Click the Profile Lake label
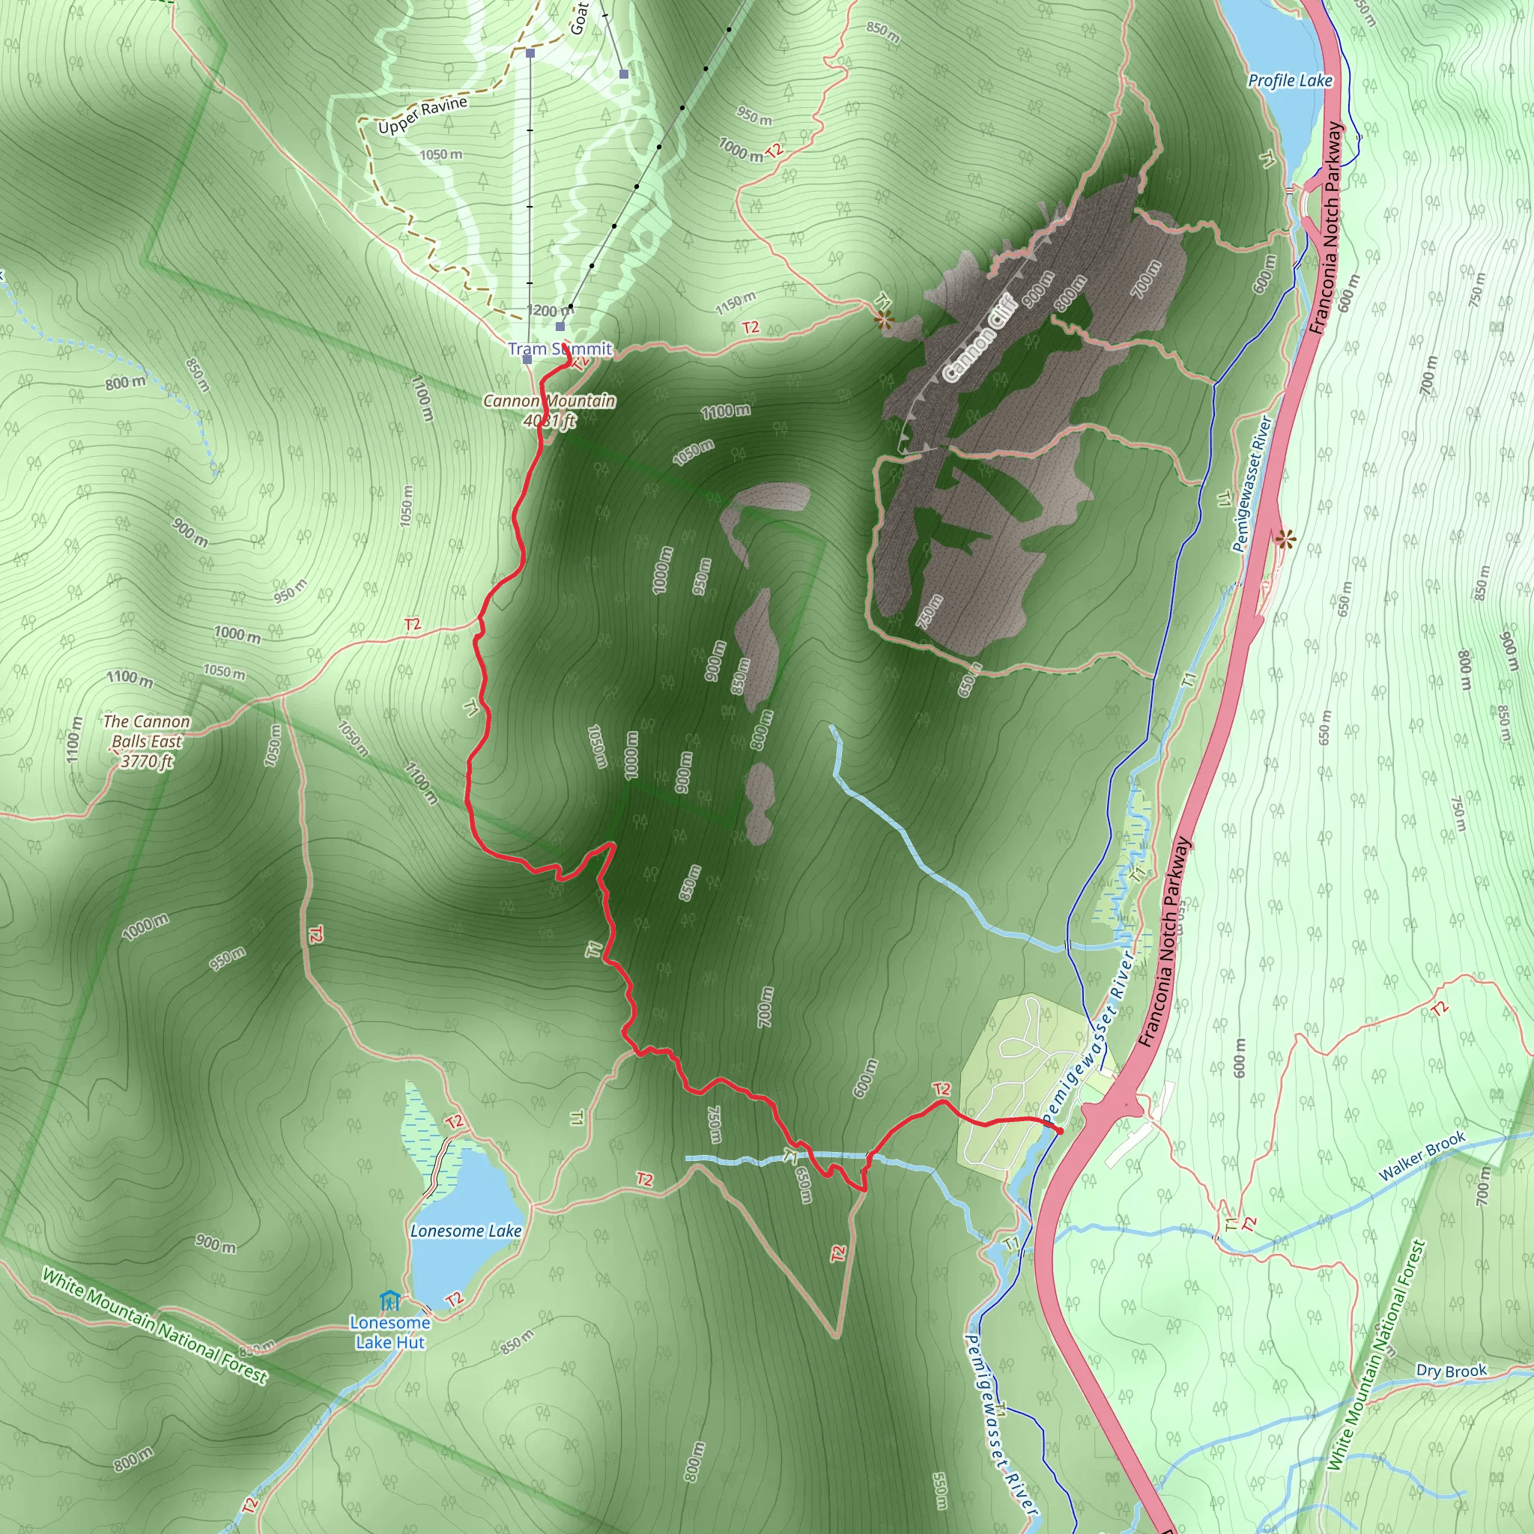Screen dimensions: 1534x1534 (1290, 80)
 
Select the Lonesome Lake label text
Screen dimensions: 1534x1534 (465, 1231)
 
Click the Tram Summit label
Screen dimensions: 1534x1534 (560, 348)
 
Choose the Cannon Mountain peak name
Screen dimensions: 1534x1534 (550, 401)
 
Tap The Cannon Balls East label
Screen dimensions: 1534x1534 (147, 731)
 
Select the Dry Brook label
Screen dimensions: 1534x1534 (1452, 1371)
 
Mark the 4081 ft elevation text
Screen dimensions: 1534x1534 (550, 421)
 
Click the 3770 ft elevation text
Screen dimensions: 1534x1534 (147, 762)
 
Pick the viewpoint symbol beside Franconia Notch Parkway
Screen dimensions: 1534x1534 (1285, 541)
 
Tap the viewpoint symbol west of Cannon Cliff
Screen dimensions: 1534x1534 (884, 321)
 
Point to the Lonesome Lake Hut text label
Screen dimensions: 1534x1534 (389, 1333)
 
